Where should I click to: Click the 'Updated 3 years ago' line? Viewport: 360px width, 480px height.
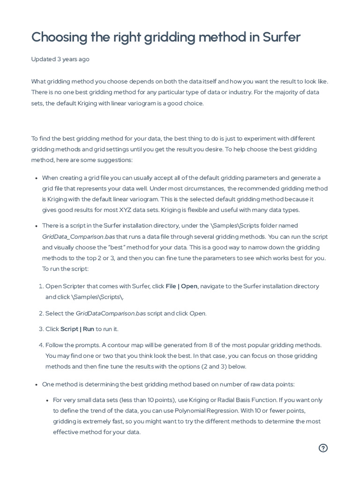(60, 59)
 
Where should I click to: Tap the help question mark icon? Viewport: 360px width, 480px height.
(323, 448)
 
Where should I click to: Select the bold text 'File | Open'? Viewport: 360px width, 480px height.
(181, 286)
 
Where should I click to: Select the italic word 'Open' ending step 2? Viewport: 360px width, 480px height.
(197, 313)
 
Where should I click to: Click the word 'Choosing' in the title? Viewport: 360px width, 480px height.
(57, 37)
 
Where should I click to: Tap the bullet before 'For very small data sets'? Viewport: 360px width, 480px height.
(48, 400)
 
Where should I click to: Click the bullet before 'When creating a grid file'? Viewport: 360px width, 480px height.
(37, 178)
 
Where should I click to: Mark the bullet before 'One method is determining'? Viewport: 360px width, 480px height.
(37, 385)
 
